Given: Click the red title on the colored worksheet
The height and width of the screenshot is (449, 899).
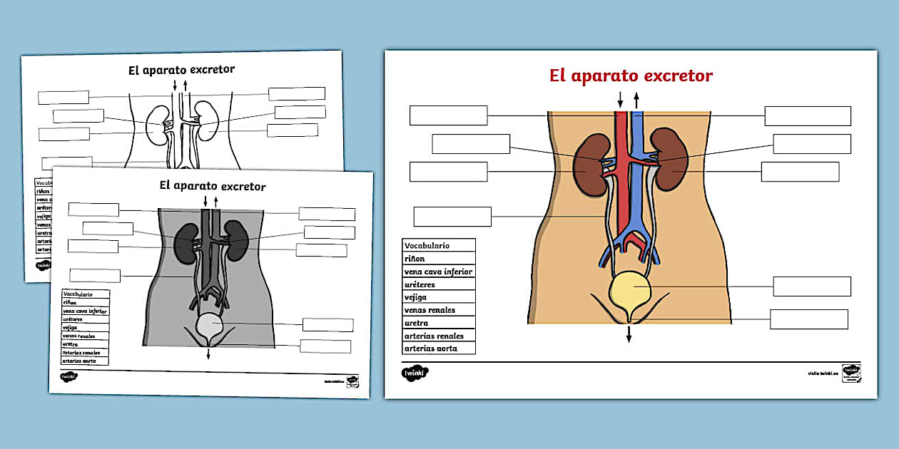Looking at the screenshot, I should point(631,76).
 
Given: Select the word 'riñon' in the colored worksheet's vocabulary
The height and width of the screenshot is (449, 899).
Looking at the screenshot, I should point(415,259).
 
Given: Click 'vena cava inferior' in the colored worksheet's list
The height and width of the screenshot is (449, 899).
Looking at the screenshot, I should point(438,272).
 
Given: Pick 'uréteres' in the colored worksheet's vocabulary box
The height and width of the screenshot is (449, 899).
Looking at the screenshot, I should point(420,284).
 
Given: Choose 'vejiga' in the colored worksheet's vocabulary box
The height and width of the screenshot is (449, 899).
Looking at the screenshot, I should point(416,297).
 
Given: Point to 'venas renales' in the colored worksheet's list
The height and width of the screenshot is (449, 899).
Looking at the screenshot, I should point(430,310).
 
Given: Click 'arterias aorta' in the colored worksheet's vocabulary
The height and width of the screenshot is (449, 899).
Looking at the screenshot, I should point(431,349).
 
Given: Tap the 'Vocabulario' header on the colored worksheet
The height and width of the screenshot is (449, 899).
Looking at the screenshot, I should point(427,246).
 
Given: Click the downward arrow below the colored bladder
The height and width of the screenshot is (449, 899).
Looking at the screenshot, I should point(629,334).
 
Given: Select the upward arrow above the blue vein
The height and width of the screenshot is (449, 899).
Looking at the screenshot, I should point(636,99).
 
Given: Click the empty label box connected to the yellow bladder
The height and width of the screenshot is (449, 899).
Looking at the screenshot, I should point(812,287).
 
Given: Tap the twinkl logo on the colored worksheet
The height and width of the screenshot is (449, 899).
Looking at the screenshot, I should point(415,373).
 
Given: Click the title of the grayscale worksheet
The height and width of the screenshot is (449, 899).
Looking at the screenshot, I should point(213,186).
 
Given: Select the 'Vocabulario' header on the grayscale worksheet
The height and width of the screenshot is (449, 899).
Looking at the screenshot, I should point(78,294).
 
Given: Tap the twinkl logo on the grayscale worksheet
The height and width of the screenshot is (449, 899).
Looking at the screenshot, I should point(68,376).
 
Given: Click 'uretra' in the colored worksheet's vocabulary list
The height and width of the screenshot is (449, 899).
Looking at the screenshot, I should point(416,323).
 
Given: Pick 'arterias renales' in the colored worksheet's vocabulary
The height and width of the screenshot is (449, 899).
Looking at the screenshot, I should point(434,336).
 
